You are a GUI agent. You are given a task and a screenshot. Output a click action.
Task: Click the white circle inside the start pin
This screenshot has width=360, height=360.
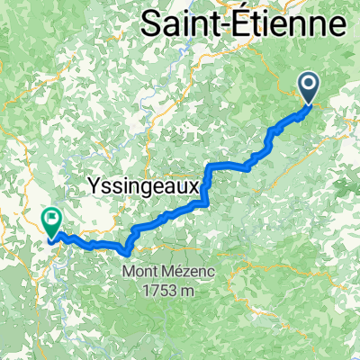point(309,85)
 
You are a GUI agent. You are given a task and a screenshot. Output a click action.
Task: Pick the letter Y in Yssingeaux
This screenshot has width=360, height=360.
point(94,184)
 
